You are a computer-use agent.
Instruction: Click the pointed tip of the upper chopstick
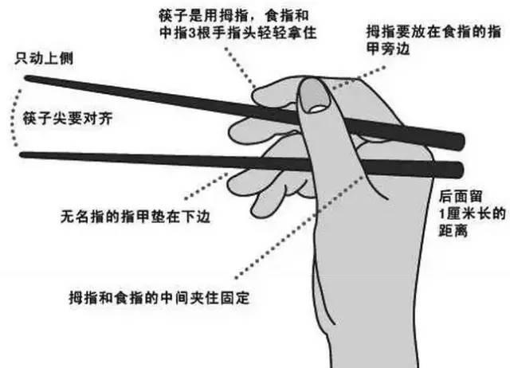pos(27,78)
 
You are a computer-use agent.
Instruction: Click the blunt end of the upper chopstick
pos(460,141)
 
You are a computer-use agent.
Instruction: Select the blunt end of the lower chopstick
pos(460,169)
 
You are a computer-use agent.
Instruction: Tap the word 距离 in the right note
pos(457,234)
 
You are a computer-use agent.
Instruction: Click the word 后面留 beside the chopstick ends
pos(461,194)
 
